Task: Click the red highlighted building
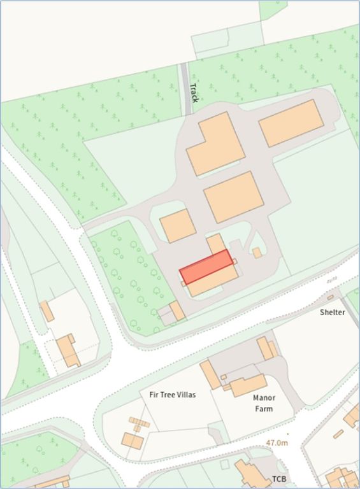(x=206, y=267)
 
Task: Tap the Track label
(x=194, y=93)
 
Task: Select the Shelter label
(x=332, y=312)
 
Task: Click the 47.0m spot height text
(x=277, y=442)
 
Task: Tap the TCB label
(x=279, y=478)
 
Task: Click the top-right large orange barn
(x=291, y=123)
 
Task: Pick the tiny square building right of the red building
(x=257, y=253)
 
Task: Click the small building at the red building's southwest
(x=176, y=311)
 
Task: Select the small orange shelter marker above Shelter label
(x=331, y=297)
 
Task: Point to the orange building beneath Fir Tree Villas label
(x=133, y=440)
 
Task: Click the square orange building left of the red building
(x=177, y=225)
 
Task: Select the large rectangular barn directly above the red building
(x=234, y=197)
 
